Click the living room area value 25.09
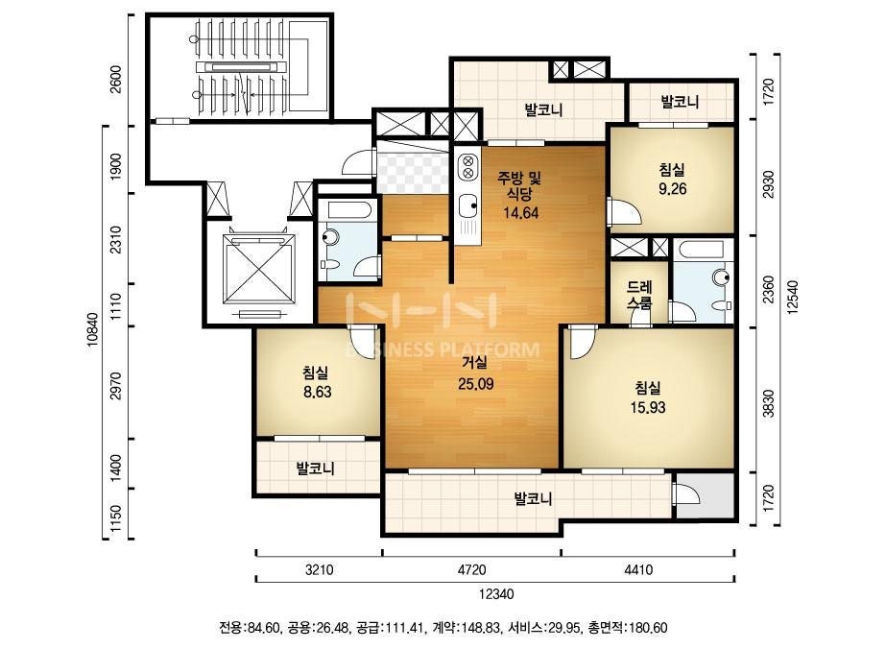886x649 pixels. [x=476, y=384]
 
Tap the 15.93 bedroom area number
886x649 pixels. [x=648, y=407]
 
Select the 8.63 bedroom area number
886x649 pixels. [x=317, y=392]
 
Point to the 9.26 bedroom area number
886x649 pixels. [x=672, y=189]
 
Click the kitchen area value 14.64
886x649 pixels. [x=520, y=213]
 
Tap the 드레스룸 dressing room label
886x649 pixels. [x=639, y=295]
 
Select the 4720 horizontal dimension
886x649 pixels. [x=472, y=569]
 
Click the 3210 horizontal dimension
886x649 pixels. [x=320, y=569]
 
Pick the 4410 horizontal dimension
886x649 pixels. [x=638, y=569]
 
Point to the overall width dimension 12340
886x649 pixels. [x=496, y=594]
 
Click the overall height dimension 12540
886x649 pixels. [x=793, y=297]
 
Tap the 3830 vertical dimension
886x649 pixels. [x=768, y=403]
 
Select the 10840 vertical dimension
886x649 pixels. [x=93, y=329]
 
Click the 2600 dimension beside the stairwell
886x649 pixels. [x=115, y=80]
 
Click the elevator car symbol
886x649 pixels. [x=260, y=270]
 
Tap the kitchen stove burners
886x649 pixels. [x=467, y=165]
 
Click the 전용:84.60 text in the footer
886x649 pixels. [x=250, y=628]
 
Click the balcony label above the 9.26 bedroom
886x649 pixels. [x=681, y=102]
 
